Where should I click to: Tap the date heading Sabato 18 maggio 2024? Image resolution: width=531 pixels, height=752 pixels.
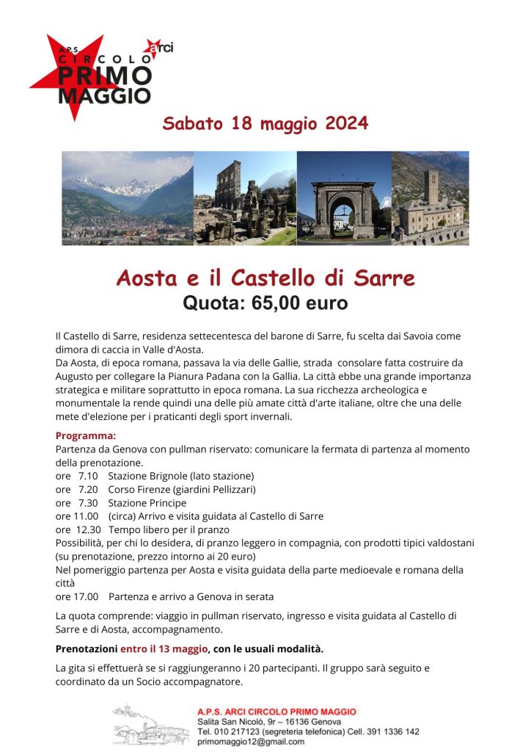point(265,123)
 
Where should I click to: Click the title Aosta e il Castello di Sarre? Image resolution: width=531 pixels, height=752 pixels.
point(265,278)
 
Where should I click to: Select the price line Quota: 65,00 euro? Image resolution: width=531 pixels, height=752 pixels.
point(265,302)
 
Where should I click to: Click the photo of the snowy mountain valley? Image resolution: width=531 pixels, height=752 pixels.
point(128,198)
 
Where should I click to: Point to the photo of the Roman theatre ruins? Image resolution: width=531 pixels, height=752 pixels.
point(245,198)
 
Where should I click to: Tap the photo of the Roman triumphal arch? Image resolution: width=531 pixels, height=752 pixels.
point(344,198)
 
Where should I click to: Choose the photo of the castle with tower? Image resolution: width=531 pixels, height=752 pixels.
point(430,198)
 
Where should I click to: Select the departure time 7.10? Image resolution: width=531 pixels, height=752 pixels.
point(88,476)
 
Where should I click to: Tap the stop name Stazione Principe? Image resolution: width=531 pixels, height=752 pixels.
point(147,503)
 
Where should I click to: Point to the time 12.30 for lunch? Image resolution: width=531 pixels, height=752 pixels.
point(87,529)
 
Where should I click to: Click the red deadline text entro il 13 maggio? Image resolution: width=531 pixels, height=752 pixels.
point(164,649)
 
